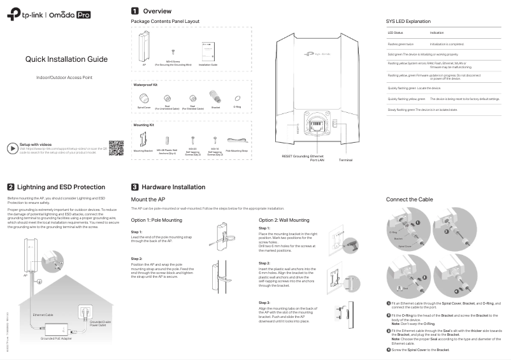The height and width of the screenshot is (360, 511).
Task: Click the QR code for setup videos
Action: pyautogui.click(x=115, y=147)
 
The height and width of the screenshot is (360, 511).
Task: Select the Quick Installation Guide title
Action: pyautogui.click(x=66, y=59)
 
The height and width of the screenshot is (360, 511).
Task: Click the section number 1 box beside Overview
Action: pyautogui.click(x=135, y=11)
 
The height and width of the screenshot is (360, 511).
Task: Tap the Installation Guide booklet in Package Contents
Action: pyautogui.click(x=208, y=51)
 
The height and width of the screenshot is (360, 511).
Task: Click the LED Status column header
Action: pyautogui.click(x=395, y=32)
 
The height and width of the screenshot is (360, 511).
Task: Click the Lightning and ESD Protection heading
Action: pyautogui.click(x=61, y=187)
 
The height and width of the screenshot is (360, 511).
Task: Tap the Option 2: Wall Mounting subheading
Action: pyautogui.click(x=284, y=220)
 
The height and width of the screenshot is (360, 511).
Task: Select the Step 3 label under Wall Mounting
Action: pyautogui.click(x=264, y=302)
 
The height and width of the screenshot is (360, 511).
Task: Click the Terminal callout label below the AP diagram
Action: pyautogui.click(x=345, y=160)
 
